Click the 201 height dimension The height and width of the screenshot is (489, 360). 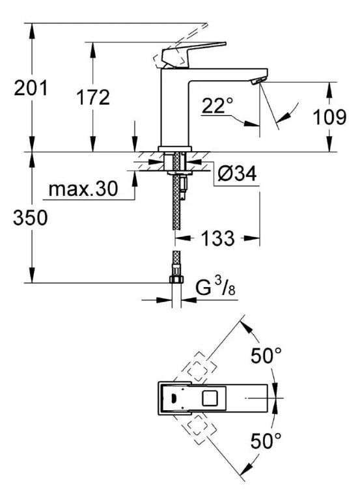pos(31,88)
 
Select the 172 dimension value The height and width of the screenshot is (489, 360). pos(93,97)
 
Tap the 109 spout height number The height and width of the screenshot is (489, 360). pos(329,117)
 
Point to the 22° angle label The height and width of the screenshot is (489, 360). pos(217,105)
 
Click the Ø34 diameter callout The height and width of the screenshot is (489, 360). pos(237,173)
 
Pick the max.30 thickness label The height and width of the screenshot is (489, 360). pos(83,189)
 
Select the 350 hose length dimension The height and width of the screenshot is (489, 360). pos(30,217)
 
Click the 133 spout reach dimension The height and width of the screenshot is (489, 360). pos(217,238)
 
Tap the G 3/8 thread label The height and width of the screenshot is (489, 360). pos(215,287)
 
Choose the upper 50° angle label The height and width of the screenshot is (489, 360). pos(266,356)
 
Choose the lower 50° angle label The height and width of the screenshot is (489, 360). pos(266,440)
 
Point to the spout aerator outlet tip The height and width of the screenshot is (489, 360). pos(257,81)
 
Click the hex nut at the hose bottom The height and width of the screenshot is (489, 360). pos(176,279)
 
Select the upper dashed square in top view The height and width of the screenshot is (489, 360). pos(197,367)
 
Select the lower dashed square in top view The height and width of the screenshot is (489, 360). pos(197,430)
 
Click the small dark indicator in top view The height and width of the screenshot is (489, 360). pos(174,398)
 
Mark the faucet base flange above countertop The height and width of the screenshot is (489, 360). pos(174,148)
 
